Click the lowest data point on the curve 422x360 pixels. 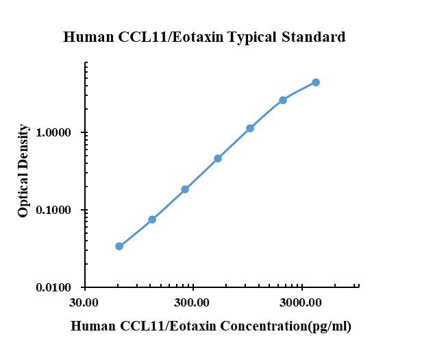[x=119, y=246]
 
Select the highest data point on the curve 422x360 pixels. [x=316, y=82]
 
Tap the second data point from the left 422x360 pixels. [x=152, y=219]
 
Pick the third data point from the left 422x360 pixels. [x=185, y=189]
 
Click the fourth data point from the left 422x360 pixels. [x=218, y=158]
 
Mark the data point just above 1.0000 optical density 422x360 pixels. [x=250, y=128]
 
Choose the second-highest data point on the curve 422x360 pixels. [x=283, y=100]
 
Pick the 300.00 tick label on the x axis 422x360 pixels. [x=193, y=302]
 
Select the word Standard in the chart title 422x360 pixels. [x=314, y=37]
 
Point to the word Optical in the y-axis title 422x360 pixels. [x=24, y=195]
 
